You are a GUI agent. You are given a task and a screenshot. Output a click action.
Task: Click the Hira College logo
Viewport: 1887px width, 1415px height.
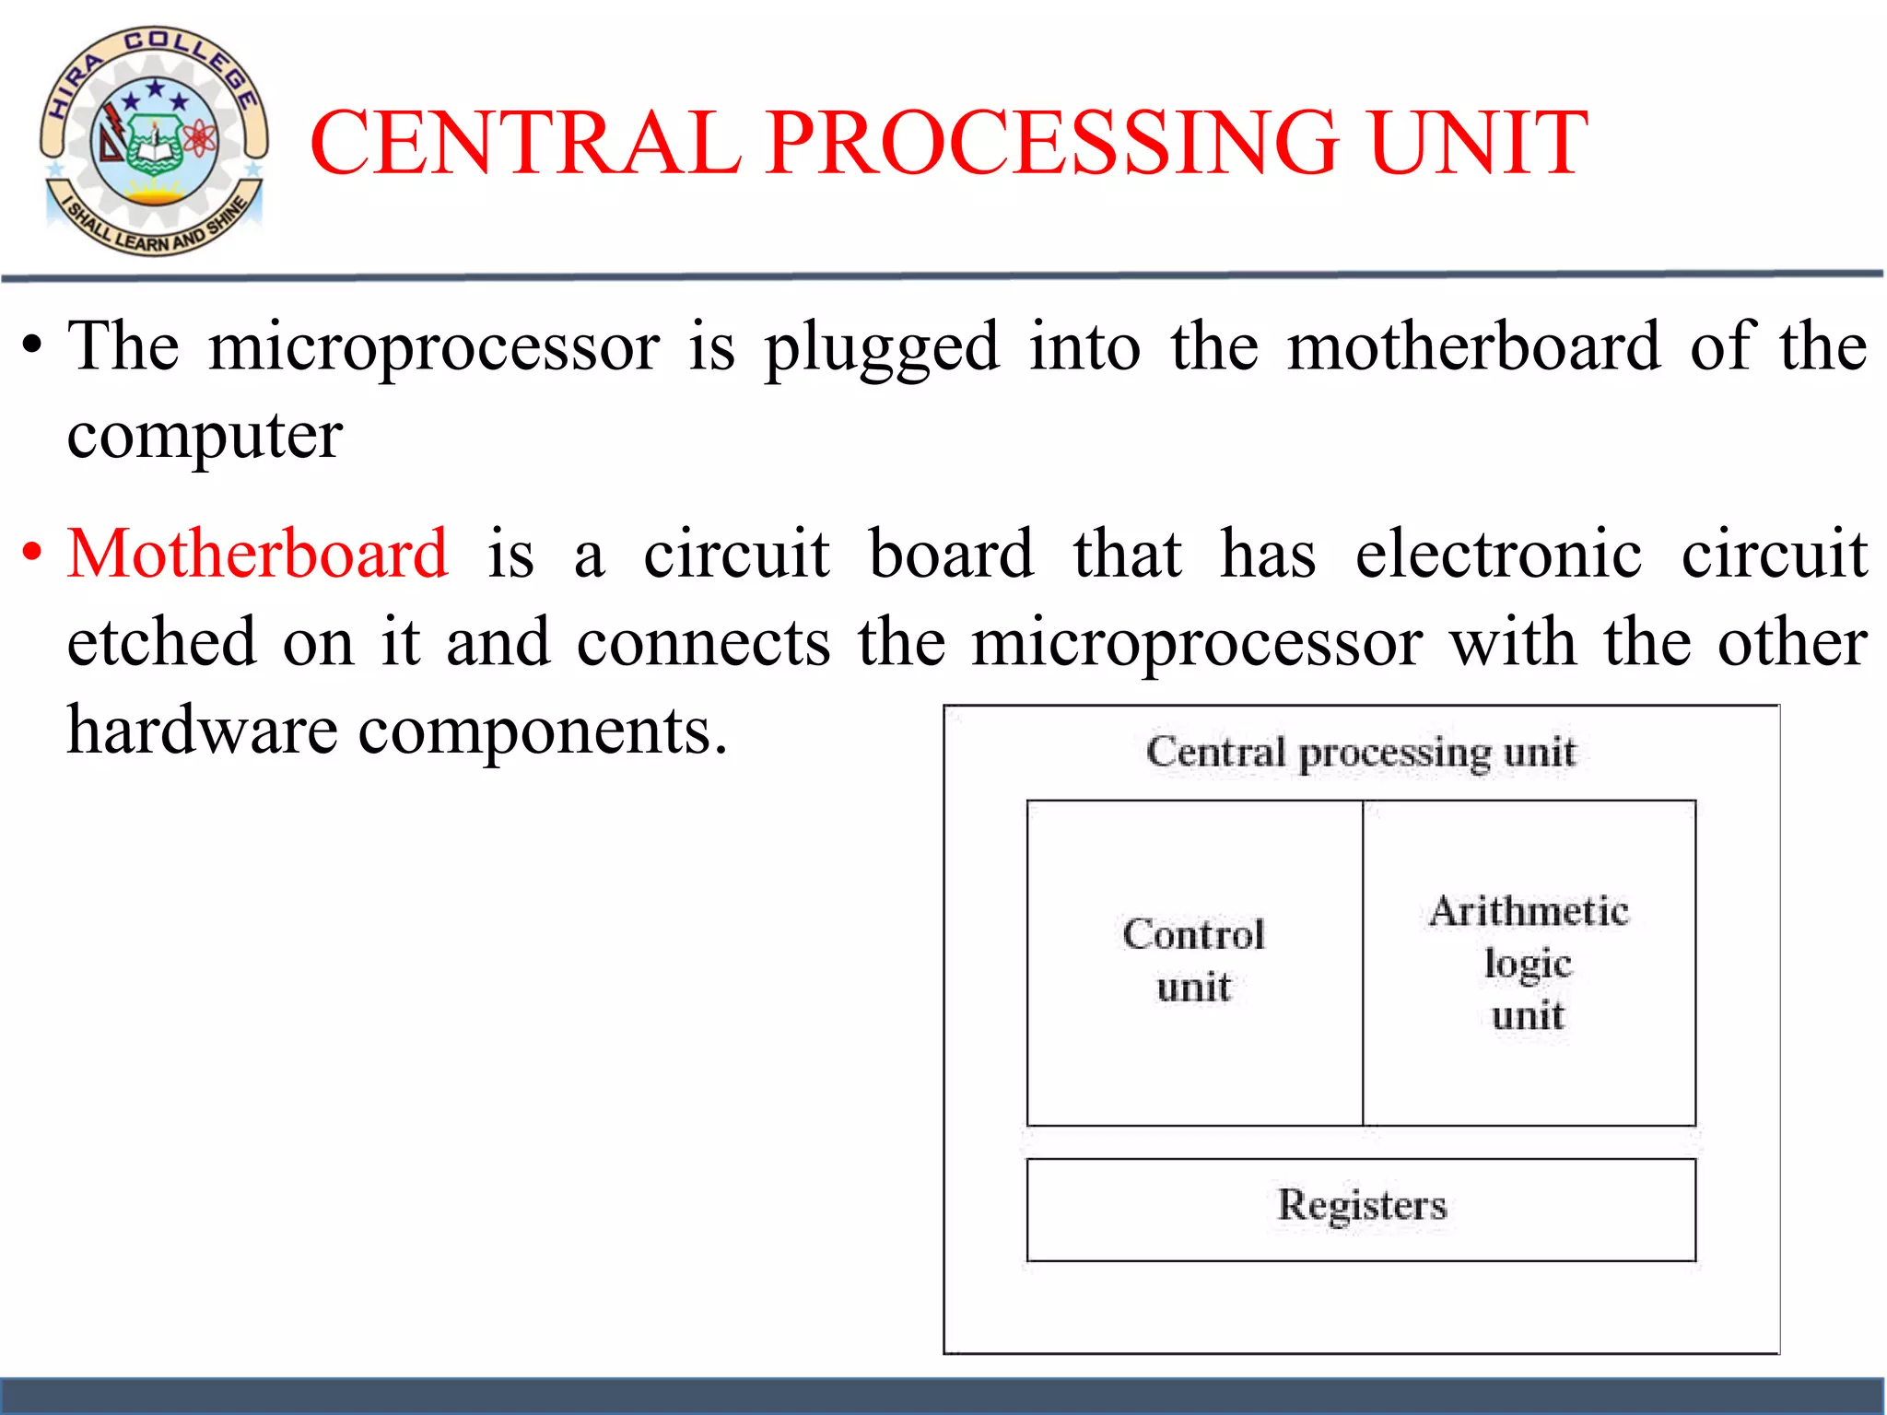[x=154, y=141]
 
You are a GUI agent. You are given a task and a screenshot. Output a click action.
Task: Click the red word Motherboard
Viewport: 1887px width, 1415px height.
[x=258, y=555]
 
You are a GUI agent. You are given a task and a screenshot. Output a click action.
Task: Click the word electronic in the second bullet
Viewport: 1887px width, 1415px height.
[x=1498, y=555]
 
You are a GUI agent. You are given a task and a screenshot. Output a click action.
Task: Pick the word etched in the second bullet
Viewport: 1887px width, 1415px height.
[x=161, y=642]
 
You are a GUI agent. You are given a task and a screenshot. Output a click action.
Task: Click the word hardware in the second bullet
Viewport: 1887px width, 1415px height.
[x=203, y=731]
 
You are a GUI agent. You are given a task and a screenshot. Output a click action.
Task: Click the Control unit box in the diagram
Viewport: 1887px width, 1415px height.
[x=1194, y=963]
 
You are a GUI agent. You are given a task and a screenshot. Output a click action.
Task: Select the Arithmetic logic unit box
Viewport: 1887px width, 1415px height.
[x=1530, y=963]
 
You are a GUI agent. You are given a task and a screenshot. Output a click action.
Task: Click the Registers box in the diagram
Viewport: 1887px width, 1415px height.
[x=1361, y=1209]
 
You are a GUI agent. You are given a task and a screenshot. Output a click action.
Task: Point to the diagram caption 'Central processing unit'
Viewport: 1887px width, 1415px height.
[x=1361, y=753]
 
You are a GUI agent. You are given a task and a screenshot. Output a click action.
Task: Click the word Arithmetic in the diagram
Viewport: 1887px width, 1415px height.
[x=1530, y=911]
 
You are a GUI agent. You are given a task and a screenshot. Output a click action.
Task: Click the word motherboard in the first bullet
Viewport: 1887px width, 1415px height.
[x=1473, y=347]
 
